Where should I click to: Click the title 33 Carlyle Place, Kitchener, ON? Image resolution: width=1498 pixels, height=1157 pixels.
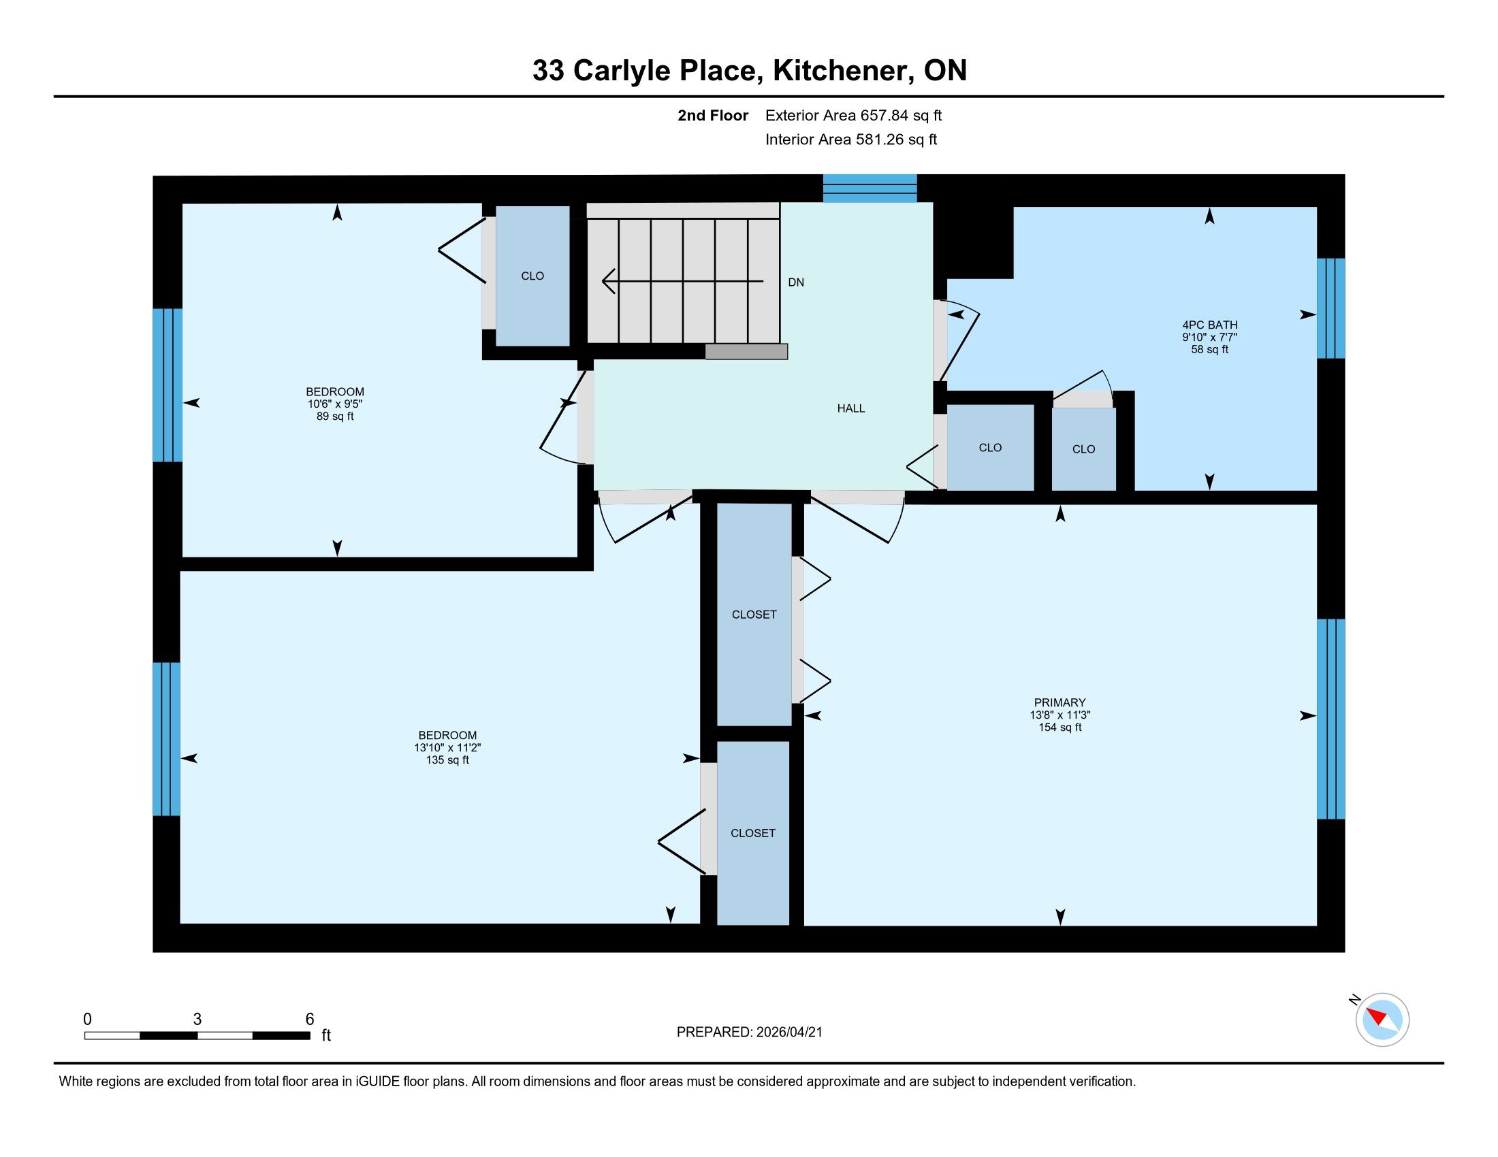749,71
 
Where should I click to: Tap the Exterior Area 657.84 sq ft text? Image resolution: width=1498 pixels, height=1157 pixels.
853,116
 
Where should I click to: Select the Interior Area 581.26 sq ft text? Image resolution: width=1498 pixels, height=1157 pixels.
850,140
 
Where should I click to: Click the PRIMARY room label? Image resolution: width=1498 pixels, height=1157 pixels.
1059,702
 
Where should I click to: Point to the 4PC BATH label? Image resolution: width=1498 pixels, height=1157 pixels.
1210,325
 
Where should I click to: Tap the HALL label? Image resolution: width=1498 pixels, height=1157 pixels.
851,408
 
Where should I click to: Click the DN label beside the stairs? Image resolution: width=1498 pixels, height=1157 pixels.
795,282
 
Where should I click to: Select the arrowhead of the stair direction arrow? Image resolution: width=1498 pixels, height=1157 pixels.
608,281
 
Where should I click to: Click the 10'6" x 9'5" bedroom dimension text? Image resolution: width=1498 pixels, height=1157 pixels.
335,404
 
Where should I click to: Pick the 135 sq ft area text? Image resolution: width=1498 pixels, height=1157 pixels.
447,760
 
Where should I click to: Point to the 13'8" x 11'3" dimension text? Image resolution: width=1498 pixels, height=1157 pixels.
1059,715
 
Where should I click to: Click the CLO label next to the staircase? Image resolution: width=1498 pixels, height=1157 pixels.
532,276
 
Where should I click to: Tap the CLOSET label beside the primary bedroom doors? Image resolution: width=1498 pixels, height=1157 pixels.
754,615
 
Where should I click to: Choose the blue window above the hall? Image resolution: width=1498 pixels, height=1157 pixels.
870,189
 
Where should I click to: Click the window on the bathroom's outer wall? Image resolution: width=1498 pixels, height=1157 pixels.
1330,308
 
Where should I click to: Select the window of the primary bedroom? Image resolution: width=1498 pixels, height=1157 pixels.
1330,719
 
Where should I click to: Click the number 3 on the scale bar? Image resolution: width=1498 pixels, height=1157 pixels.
197,1020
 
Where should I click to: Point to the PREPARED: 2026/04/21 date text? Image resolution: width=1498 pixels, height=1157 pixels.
749,1032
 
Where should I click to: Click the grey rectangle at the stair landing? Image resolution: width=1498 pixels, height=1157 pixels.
746,352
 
